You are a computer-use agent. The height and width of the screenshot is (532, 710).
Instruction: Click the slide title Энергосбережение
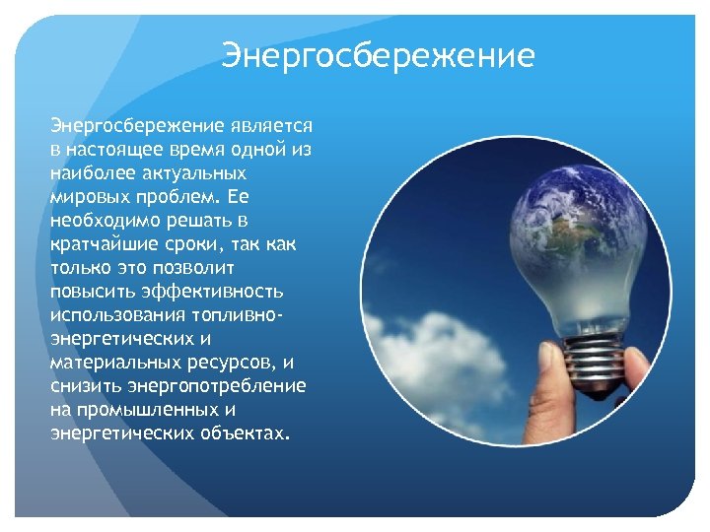coord(379,55)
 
